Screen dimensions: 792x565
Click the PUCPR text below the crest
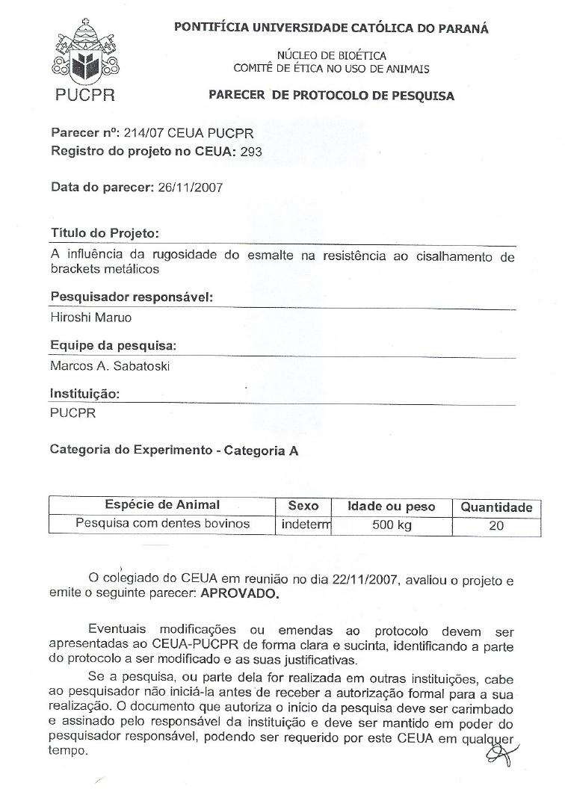(85, 96)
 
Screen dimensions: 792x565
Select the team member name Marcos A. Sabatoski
(110, 366)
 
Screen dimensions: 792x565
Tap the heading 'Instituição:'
(84, 394)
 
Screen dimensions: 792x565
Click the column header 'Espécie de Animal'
(162, 505)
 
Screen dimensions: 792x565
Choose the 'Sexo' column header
(303, 506)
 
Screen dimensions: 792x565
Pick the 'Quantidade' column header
(496, 507)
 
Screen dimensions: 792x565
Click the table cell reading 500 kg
(392, 525)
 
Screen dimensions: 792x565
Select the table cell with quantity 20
(495, 525)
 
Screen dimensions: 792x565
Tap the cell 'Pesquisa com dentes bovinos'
(162, 524)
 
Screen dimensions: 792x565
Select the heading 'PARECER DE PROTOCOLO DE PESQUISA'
(331, 96)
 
